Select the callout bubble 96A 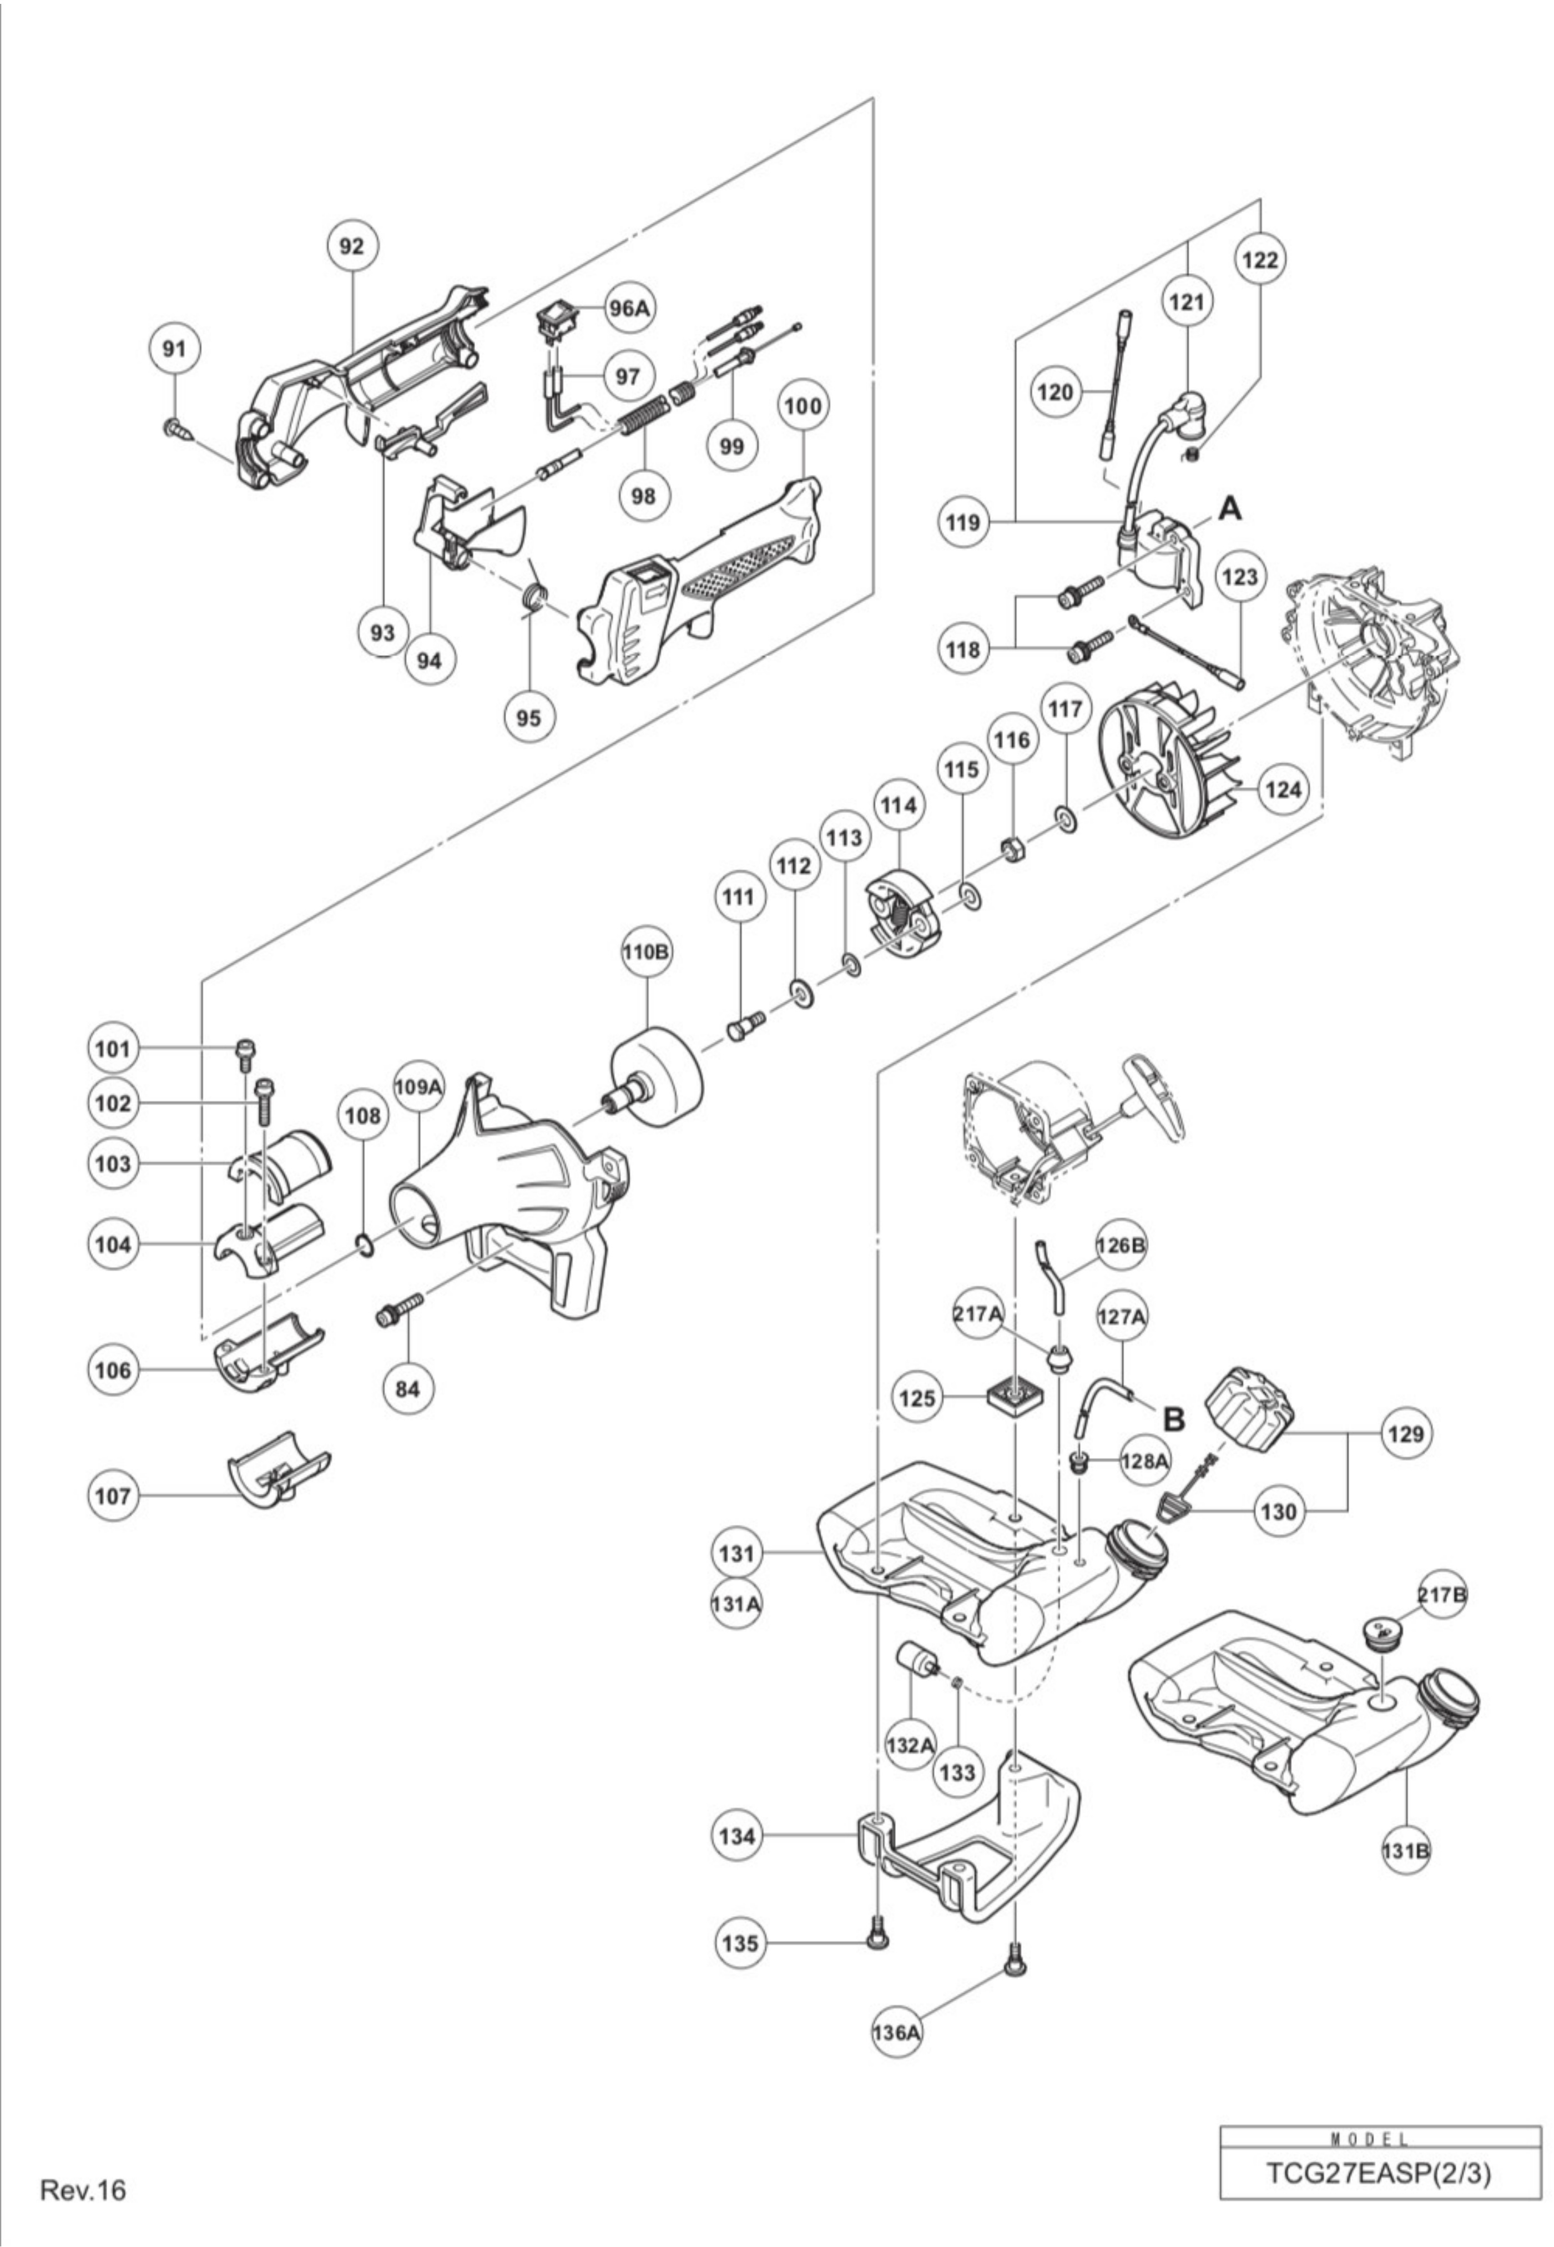pyautogui.click(x=629, y=308)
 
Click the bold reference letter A pyautogui.click(x=1231, y=508)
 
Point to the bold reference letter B pyautogui.click(x=1175, y=1419)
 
